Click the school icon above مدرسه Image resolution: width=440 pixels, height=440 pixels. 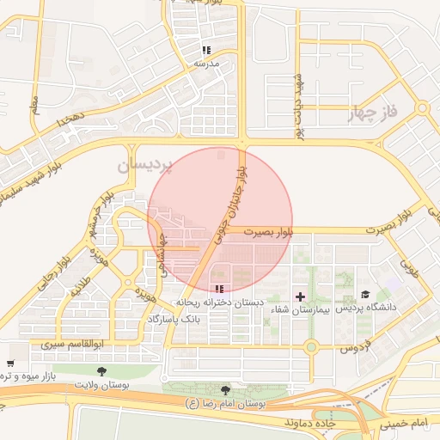pyautogui.click(x=205, y=51)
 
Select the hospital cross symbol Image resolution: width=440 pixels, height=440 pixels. pyautogui.click(x=299, y=296)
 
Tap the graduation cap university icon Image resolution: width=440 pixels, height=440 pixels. pyautogui.click(x=364, y=295)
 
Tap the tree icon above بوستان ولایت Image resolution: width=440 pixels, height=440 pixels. pyautogui.click(x=102, y=371)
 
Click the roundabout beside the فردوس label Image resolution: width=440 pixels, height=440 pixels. pyautogui.click(x=310, y=346)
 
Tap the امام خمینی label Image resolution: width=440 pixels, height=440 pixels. pyautogui.click(x=407, y=425)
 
